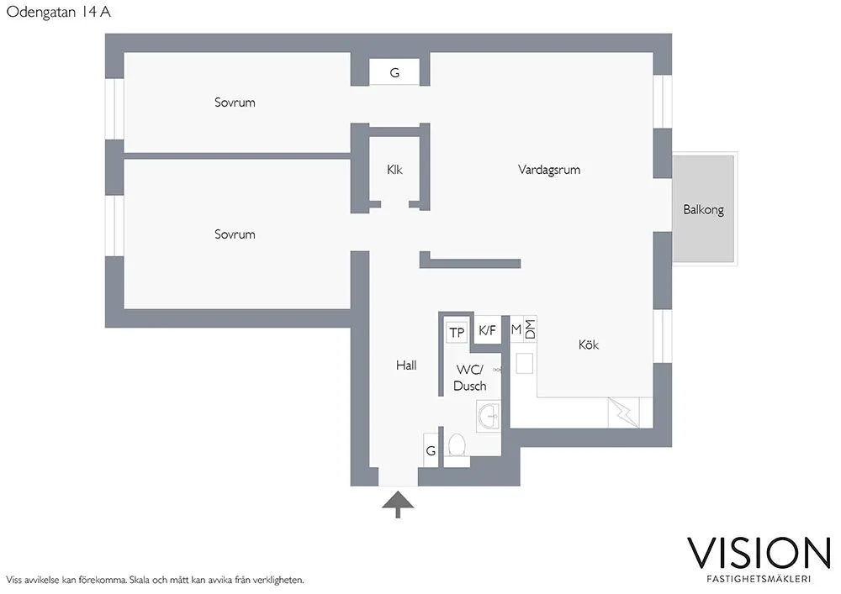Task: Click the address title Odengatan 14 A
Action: tap(59, 13)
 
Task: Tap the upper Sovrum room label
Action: tap(235, 103)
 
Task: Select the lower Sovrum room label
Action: tap(235, 234)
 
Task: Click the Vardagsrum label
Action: tap(549, 170)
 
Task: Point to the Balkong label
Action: tap(703, 210)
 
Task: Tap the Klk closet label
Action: tap(394, 170)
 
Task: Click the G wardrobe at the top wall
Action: tap(394, 73)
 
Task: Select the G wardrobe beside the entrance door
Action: tap(431, 450)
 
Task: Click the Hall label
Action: tap(406, 365)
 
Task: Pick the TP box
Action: tap(457, 333)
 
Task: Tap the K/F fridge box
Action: tap(488, 331)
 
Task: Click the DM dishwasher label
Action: tap(530, 329)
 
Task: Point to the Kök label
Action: tap(589, 345)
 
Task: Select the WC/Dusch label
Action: tap(469, 378)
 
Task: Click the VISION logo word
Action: tap(759, 552)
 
